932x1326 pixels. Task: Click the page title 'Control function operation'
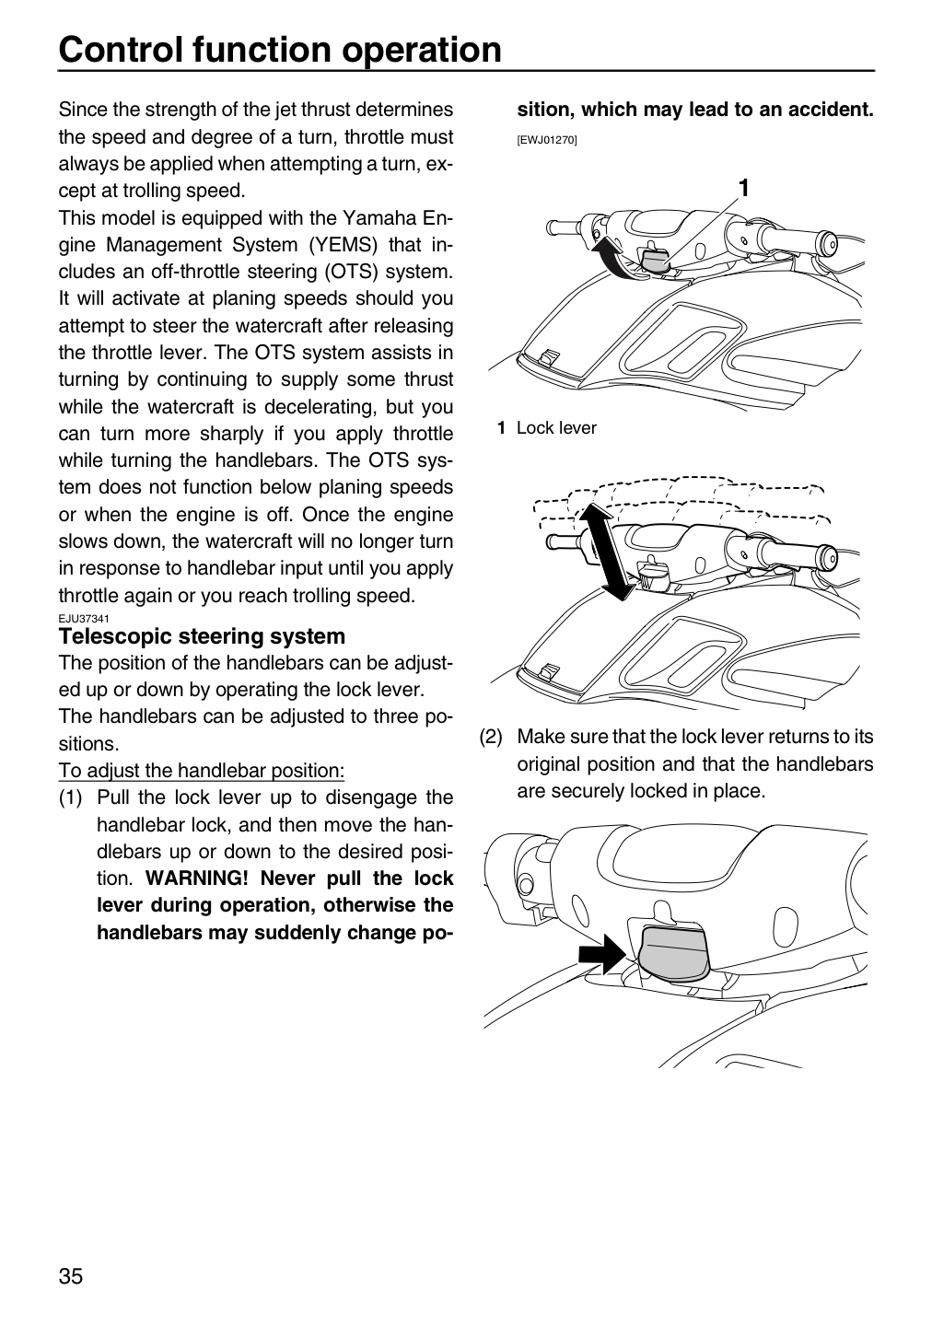[279, 49]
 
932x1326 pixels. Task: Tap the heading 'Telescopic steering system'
[202, 636]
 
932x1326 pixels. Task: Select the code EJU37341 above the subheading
[84, 619]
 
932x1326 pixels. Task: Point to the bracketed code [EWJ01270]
[547, 140]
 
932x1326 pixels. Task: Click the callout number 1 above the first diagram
[744, 188]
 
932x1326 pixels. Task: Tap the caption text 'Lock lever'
[556, 428]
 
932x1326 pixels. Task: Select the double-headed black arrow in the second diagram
[604, 551]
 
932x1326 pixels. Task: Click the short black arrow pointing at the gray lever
[601, 953]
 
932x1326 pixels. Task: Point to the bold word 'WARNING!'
[196, 878]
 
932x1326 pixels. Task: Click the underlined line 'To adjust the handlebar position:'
[202, 771]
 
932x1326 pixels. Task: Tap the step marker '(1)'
[71, 798]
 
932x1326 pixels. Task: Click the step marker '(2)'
[491, 737]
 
